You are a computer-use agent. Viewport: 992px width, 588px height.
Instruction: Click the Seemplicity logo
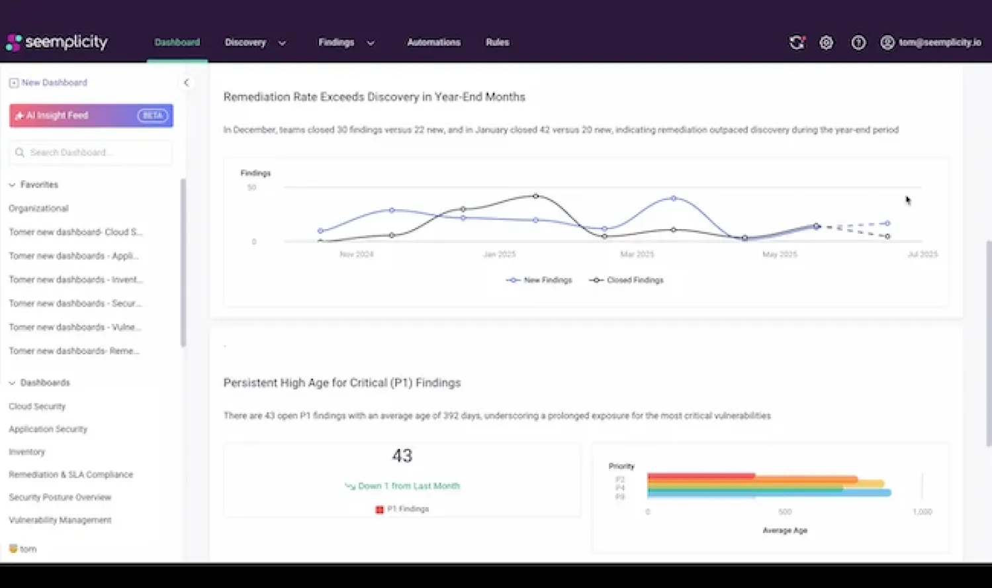click(57, 42)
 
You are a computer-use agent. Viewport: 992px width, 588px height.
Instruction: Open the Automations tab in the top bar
click(433, 42)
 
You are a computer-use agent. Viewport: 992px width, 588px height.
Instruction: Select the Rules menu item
click(497, 42)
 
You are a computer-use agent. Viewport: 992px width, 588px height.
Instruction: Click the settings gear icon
click(826, 42)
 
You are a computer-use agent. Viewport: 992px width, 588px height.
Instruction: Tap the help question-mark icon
click(858, 42)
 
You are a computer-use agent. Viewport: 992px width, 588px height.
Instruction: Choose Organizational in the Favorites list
click(38, 209)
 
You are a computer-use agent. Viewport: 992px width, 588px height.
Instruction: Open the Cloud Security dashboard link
click(37, 407)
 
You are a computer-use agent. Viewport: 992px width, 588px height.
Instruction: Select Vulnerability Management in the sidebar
click(60, 520)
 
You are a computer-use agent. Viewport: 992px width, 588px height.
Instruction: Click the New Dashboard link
click(54, 83)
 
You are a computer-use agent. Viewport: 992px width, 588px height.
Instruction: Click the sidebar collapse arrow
click(186, 83)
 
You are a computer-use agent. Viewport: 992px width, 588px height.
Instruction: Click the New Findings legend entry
click(539, 280)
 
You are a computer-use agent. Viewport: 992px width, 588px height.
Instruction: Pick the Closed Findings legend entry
click(627, 280)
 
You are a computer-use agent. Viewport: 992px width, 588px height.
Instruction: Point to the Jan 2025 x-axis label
click(499, 254)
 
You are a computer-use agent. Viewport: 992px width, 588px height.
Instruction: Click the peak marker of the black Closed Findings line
click(536, 196)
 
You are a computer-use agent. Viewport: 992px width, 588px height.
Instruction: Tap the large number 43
click(402, 456)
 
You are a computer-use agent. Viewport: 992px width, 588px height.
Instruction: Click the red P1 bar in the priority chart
click(701, 475)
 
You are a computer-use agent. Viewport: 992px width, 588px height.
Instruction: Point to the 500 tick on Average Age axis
click(785, 512)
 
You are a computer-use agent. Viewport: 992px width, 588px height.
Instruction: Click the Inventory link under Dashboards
click(26, 452)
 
